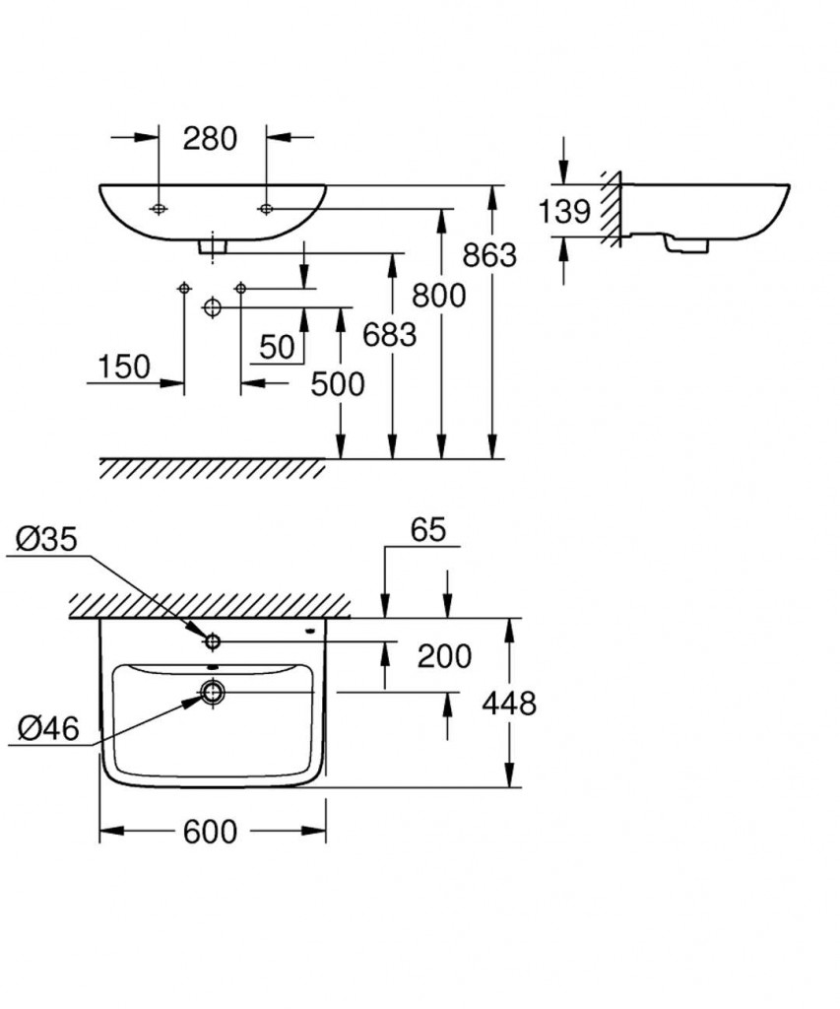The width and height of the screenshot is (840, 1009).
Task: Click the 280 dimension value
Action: coord(211,139)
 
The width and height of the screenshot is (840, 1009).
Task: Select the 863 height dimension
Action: coord(489,255)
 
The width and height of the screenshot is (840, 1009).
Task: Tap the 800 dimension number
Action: coord(439,295)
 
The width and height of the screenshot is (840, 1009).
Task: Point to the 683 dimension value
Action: coord(390,335)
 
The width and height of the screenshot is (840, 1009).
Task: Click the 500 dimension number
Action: coord(337,384)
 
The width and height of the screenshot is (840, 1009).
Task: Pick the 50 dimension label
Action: coord(278,346)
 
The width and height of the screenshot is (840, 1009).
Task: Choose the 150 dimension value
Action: coord(124,367)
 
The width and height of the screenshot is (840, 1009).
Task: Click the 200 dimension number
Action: coord(444,655)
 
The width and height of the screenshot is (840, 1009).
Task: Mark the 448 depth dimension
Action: coord(509,703)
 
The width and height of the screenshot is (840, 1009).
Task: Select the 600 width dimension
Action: coord(210,832)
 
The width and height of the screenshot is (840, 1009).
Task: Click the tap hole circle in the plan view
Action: coord(212,641)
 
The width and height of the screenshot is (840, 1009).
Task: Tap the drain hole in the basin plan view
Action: coord(212,692)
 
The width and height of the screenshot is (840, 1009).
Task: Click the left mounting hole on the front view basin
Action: coord(158,208)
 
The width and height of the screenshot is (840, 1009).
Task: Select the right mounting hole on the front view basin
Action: coord(265,208)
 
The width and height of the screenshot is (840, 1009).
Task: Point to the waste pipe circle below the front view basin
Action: coord(211,307)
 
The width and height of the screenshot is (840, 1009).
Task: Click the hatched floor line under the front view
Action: coord(212,468)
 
